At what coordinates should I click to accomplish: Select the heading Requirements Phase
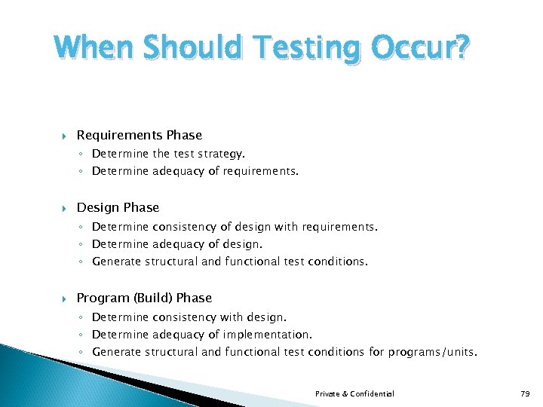[140, 135]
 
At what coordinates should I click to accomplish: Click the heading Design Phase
[118, 207]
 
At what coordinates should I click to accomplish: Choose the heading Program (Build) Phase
[144, 298]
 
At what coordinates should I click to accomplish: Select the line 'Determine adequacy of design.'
[177, 243]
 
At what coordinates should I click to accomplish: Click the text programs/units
[432, 352]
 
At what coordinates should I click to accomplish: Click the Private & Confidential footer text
[354, 393]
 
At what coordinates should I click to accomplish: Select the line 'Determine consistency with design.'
[189, 317]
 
